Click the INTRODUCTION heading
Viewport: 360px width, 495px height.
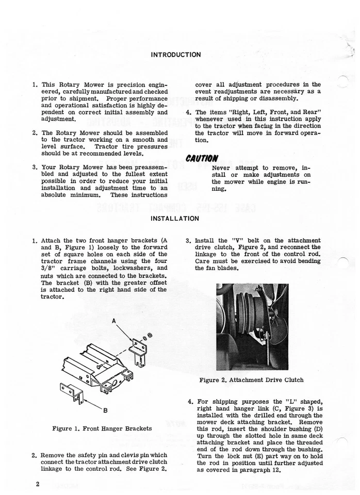[176, 54]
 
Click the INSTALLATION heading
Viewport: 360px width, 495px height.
[174, 219]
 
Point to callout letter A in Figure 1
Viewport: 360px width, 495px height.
[112, 321]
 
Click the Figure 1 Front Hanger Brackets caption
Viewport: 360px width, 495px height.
[102, 428]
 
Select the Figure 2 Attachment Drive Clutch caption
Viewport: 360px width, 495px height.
[251, 380]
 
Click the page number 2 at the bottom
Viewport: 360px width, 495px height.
[38, 485]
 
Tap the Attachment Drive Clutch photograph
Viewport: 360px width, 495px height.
[252, 327]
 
